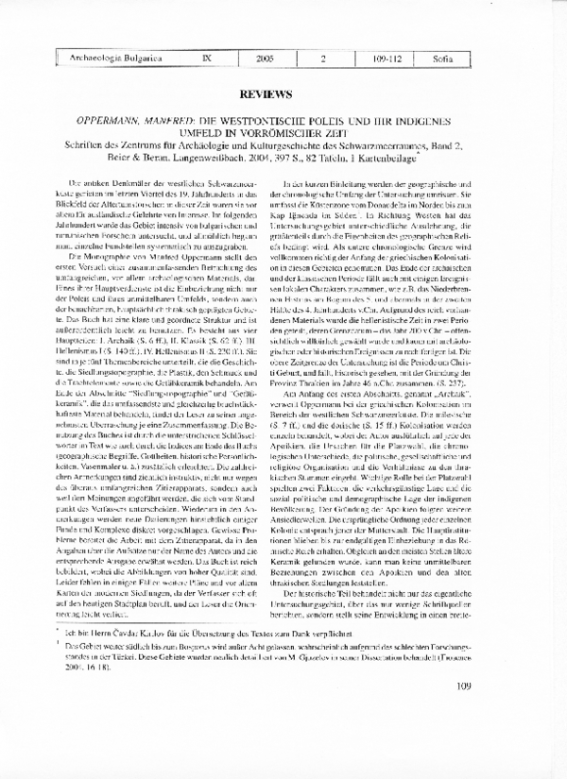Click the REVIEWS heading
tap(283, 95)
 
